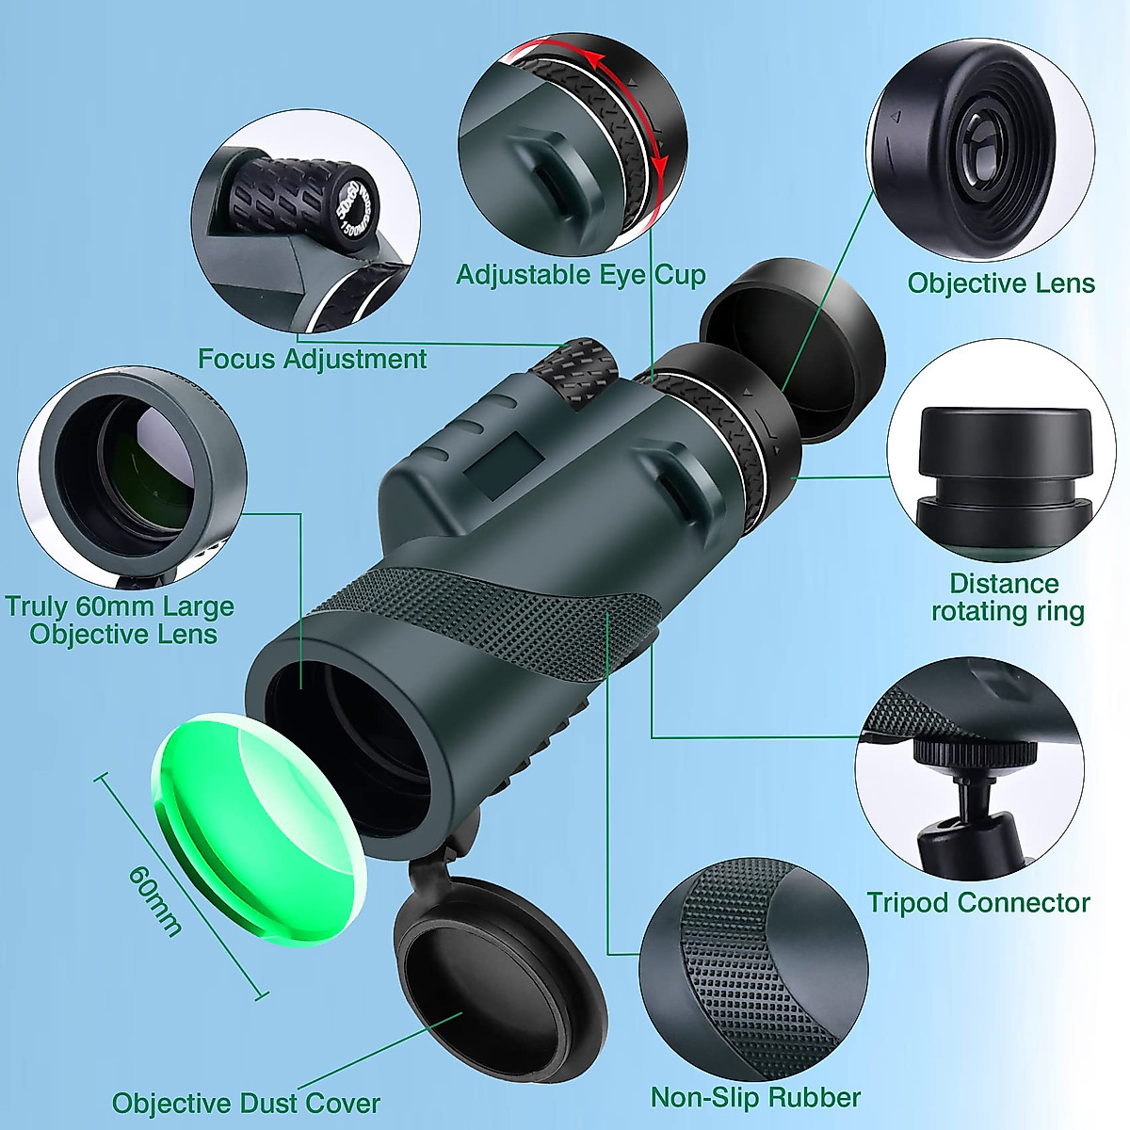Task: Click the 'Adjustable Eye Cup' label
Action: tap(580, 275)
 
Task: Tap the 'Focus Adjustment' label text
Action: tap(312, 359)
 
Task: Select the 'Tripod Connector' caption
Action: tap(977, 903)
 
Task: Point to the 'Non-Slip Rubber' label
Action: tap(755, 1097)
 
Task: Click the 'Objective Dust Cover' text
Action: tap(246, 1103)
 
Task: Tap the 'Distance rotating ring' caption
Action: tap(1007, 597)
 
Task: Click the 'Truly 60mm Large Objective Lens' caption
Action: tap(121, 620)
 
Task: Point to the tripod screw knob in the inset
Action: tap(975, 754)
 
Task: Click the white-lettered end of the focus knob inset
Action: tap(355, 216)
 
